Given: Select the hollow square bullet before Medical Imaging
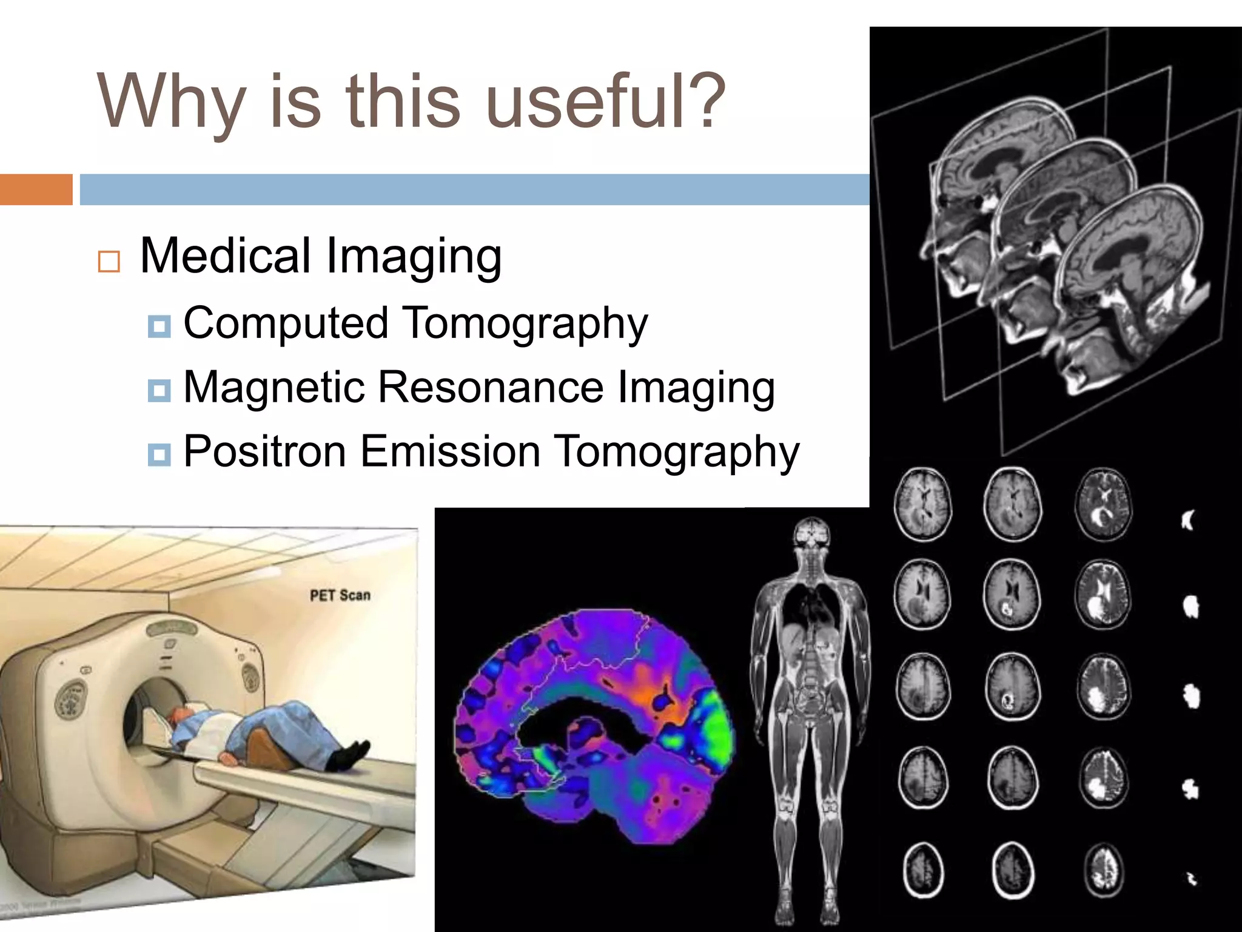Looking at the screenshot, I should pos(109,262).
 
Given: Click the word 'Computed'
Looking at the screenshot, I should pos(286,323).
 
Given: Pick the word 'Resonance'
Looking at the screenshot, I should pos(491,387).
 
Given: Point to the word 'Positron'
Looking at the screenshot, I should pos(264,451).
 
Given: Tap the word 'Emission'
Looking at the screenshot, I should pos(450,451).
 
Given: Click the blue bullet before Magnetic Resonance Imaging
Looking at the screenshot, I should pos(159,390).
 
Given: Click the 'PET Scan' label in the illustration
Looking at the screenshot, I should pos(340,595).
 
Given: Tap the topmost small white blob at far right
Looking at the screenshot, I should pos(1187,520).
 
